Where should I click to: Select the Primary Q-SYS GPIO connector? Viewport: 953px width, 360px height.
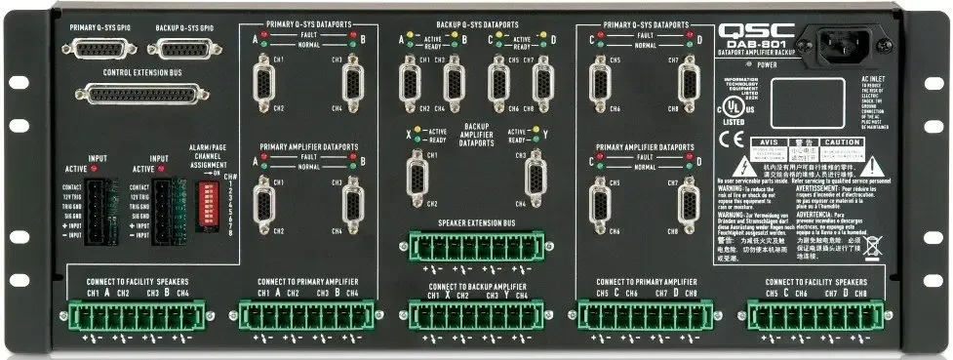tap(100, 52)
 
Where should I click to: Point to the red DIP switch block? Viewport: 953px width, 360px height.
tap(210, 191)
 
